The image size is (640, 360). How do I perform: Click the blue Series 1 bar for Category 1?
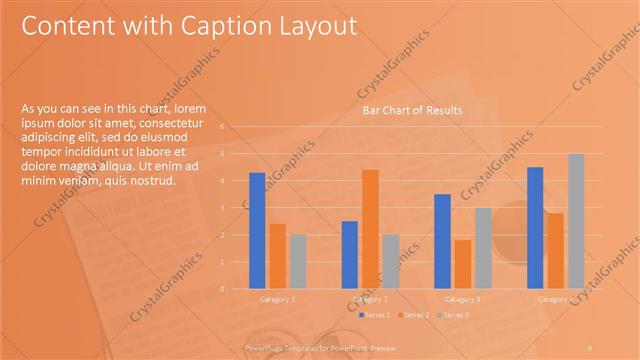click(x=257, y=230)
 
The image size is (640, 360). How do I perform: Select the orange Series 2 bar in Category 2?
click(x=370, y=229)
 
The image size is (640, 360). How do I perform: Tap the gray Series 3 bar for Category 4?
click(x=576, y=221)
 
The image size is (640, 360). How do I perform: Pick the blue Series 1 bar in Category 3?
click(x=443, y=241)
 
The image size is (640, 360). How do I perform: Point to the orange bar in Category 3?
click(x=463, y=264)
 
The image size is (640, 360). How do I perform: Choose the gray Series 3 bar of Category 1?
click(x=298, y=261)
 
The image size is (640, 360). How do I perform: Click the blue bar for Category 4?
click(x=535, y=227)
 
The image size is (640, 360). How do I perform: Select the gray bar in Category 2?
click(x=390, y=261)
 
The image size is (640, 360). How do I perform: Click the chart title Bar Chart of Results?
click(x=412, y=111)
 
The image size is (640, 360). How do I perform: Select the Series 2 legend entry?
click(x=413, y=315)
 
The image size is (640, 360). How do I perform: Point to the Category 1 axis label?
click(x=277, y=300)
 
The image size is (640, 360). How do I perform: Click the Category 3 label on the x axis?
click(x=462, y=300)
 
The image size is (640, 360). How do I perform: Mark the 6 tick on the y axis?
click(x=236, y=127)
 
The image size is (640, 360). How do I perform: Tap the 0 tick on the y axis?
click(x=236, y=289)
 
